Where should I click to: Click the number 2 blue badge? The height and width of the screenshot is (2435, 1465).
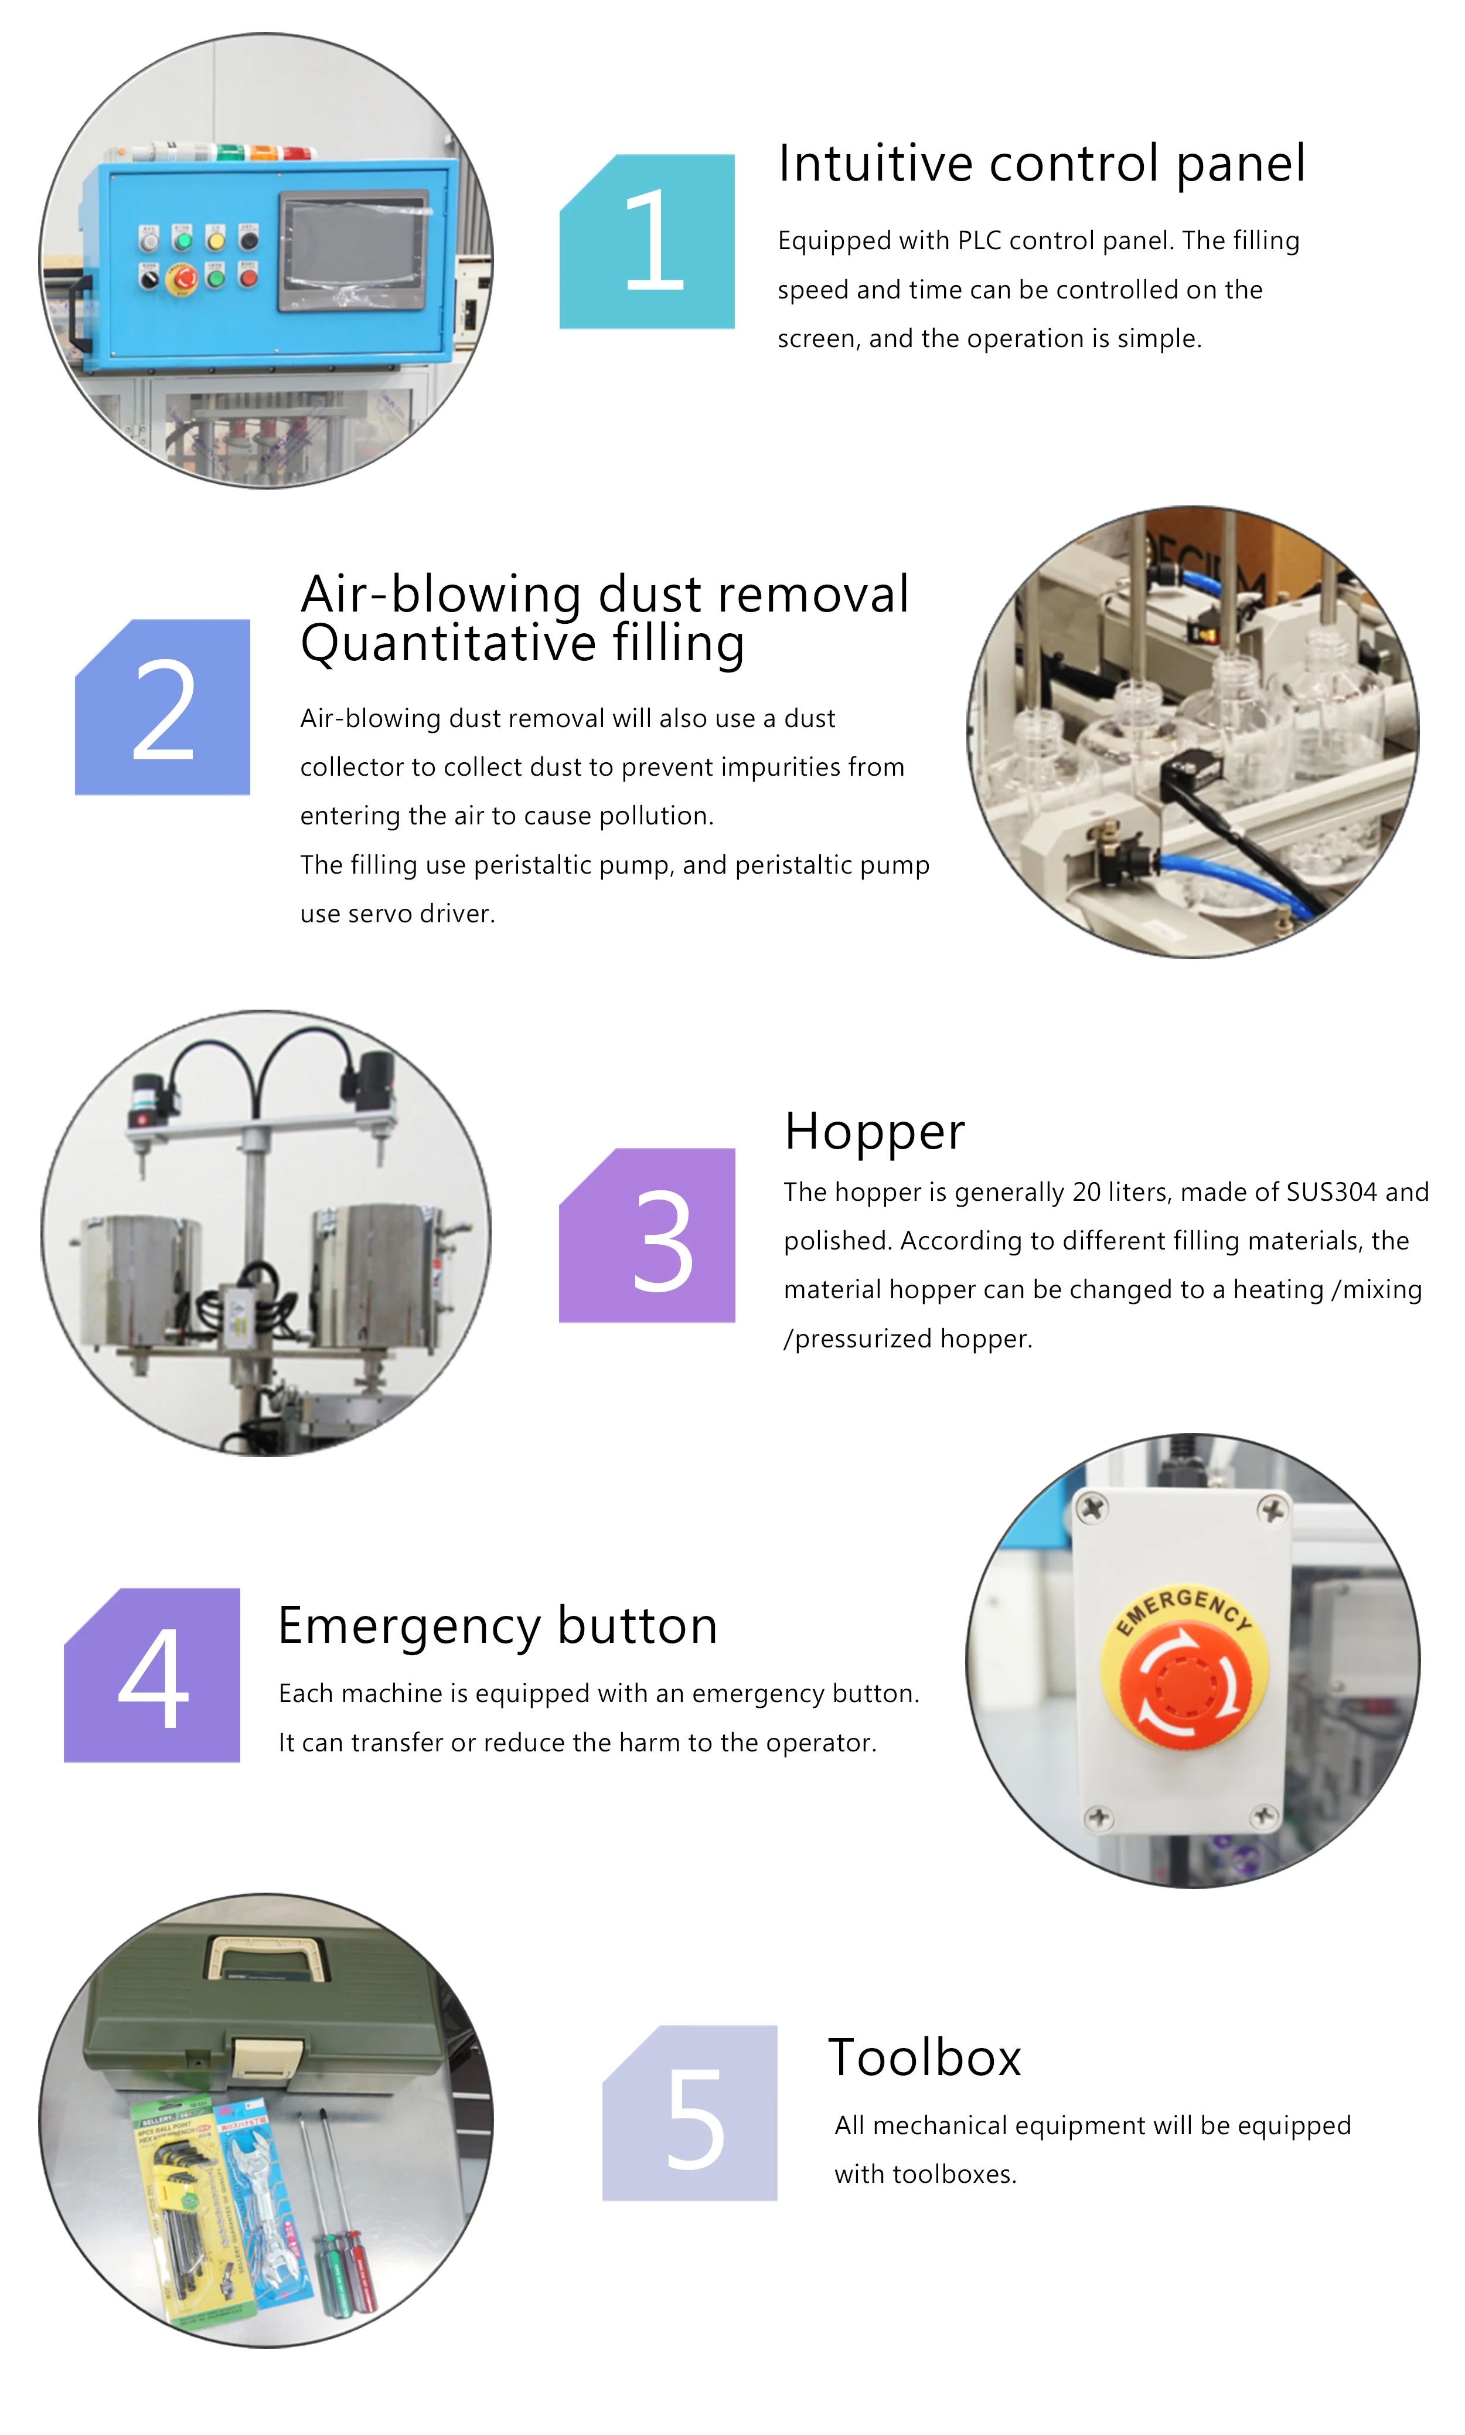coord(163,707)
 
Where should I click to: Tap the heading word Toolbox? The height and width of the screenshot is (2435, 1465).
coord(924,2058)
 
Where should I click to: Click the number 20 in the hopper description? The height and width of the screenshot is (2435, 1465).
coord(1087,1192)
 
